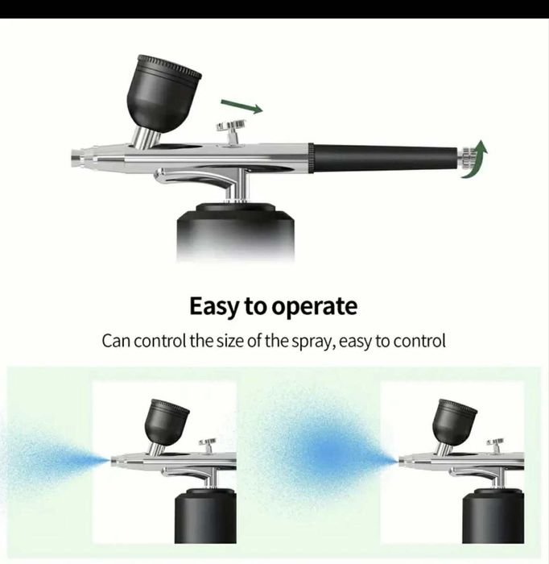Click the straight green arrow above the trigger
[x=241, y=106]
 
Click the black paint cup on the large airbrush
[x=163, y=93]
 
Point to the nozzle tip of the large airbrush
[x=76, y=157]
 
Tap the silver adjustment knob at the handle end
[x=466, y=158]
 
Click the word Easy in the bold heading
[x=214, y=306]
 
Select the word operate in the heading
[x=314, y=307]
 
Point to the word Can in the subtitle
[x=116, y=341]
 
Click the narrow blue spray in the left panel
[x=54, y=460]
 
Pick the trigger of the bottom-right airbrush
[x=495, y=445]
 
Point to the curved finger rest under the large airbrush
[x=194, y=178]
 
